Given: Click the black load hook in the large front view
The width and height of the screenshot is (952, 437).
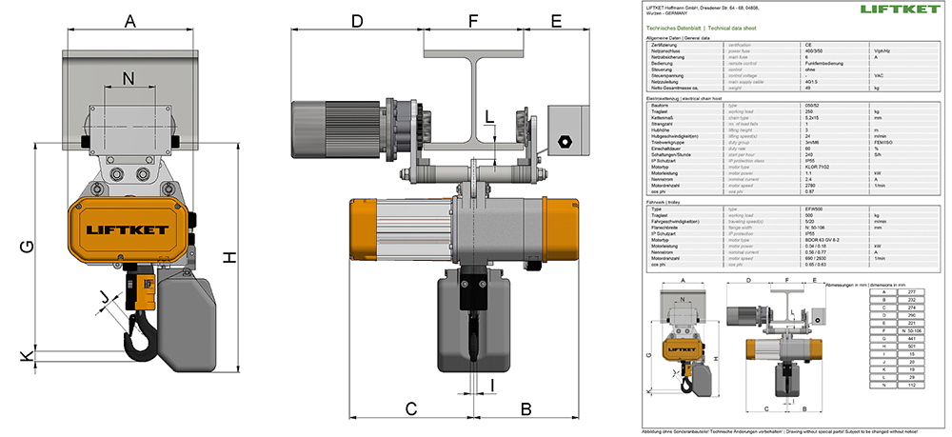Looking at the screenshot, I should tap(140, 333).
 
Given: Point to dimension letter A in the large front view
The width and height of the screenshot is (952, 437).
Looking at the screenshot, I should tap(130, 20).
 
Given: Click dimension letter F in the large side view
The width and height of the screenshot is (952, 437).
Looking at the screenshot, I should tap(473, 20).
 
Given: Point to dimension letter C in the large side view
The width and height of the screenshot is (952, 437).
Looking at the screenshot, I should tap(411, 408).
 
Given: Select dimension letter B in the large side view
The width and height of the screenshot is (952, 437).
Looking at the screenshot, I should tap(525, 408).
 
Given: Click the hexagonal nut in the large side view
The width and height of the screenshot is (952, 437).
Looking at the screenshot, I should tap(565, 141).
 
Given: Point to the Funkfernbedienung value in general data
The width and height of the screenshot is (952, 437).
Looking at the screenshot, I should tap(826, 64).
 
